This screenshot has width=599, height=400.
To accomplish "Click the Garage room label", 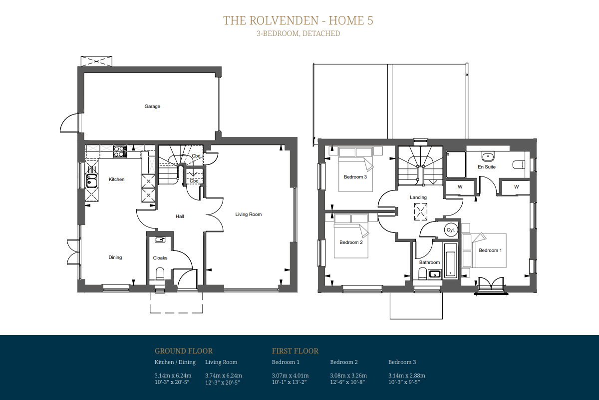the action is [152, 106].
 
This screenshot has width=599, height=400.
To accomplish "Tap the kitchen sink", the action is [91, 181].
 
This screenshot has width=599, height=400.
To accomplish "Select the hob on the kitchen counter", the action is [120, 151].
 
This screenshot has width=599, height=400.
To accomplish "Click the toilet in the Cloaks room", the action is [160, 273].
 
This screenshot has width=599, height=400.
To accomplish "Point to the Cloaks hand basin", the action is [160, 239].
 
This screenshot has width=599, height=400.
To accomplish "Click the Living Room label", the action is [249, 214].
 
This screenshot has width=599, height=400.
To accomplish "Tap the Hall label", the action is [180, 216].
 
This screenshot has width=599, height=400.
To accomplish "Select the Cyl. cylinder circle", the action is [451, 230].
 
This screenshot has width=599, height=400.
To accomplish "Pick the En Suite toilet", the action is [519, 165].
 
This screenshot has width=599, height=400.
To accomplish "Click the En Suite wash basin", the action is [488, 156].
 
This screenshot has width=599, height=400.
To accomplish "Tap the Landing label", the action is [418, 197].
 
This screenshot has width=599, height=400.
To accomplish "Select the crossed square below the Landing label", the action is [421, 211].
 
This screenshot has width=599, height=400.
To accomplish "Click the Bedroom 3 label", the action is [355, 177].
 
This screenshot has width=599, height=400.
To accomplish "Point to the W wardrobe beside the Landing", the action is [460, 187].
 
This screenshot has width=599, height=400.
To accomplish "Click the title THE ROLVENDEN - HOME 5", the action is [298, 20].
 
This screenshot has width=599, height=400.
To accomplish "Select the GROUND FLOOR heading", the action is [184, 351].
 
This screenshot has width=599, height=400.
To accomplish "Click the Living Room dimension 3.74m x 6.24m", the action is [224, 375].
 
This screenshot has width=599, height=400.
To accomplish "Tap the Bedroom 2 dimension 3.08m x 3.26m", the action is [348, 375].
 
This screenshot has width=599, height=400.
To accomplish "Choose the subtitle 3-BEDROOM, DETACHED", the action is [299, 33].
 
